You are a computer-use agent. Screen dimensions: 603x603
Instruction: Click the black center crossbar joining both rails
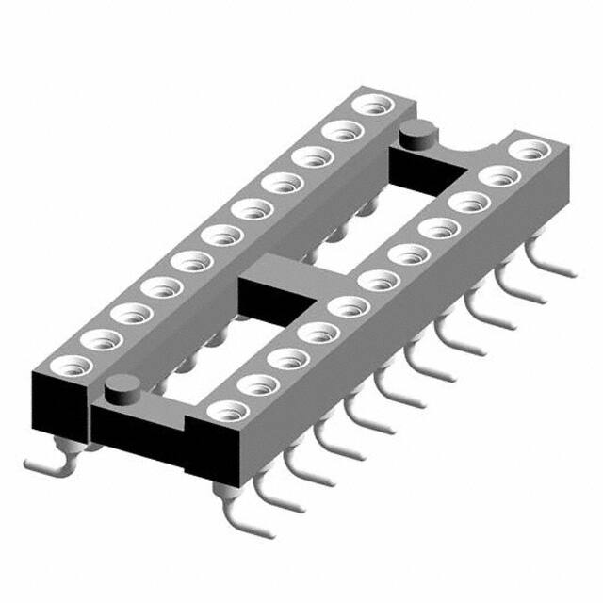coord(272,287)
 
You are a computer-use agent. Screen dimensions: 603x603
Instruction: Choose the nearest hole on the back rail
coord(75,362)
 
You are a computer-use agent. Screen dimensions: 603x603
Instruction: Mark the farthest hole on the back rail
coord(369,104)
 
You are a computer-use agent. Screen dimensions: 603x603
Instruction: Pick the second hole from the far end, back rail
coord(341,129)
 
